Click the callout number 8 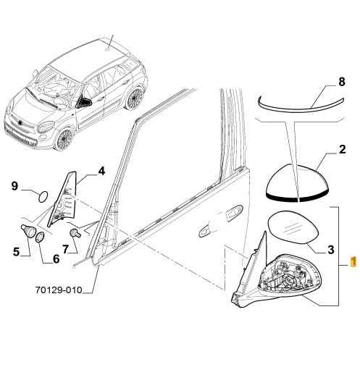[341, 82]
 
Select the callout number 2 [342, 149]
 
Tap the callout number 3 [331, 250]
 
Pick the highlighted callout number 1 [353, 261]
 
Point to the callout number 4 [101, 171]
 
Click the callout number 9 [15, 186]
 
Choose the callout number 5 [16, 252]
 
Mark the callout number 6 [56, 258]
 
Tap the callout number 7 [65, 249]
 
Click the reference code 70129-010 [59, 290]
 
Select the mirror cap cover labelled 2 [297, 183]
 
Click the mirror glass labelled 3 [293, 228]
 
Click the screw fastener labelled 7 [75, 233]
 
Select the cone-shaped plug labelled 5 [28, 230]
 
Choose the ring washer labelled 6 [40, 237]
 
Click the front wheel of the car [64, 139]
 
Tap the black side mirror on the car [84, 102]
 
